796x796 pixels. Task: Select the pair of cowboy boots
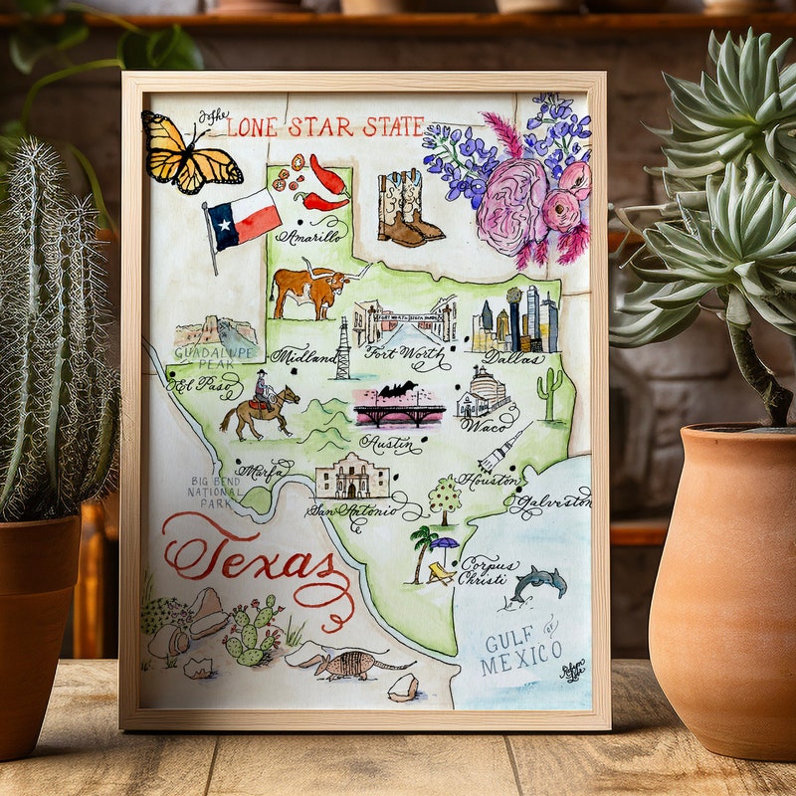click(x=409, y=208)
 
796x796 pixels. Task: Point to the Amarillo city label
click(x=312, y=237)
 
